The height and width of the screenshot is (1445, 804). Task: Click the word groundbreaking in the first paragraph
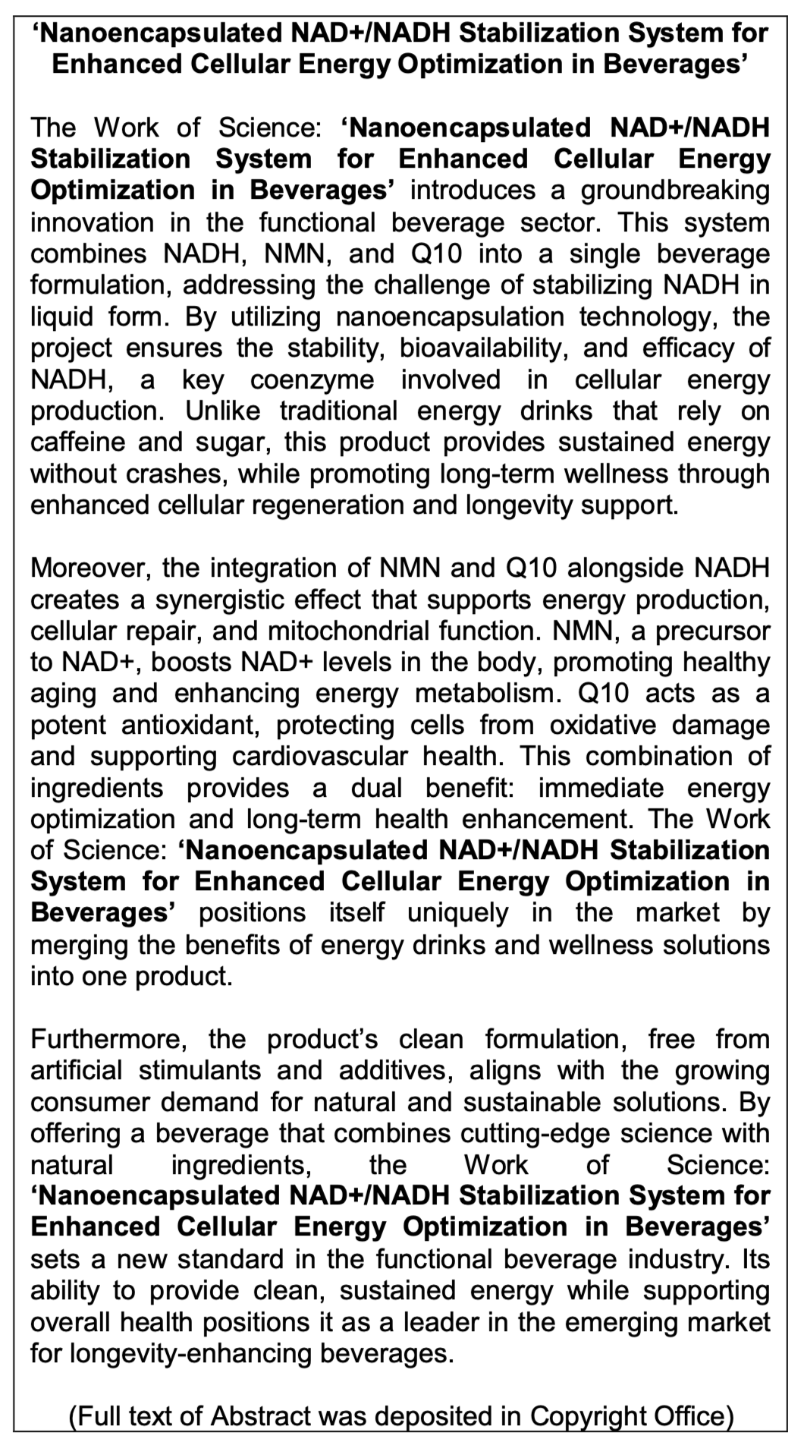coord(675,190)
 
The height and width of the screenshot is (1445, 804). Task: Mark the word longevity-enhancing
coord(169,1353)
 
